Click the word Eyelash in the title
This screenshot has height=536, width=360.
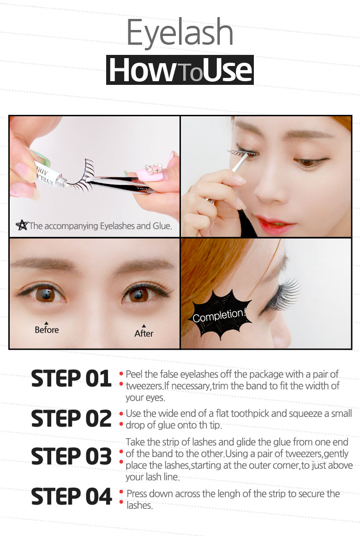180,32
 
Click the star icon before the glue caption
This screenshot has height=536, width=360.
22,225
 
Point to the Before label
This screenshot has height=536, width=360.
47,330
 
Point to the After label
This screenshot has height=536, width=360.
144,334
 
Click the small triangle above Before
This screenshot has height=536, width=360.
46,323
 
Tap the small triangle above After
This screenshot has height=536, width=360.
144,326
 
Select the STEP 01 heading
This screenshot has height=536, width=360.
71,378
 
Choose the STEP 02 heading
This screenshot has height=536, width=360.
71,418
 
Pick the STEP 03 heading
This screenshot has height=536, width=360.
71,456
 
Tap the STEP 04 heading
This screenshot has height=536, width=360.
71,496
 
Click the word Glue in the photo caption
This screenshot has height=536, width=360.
162,226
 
